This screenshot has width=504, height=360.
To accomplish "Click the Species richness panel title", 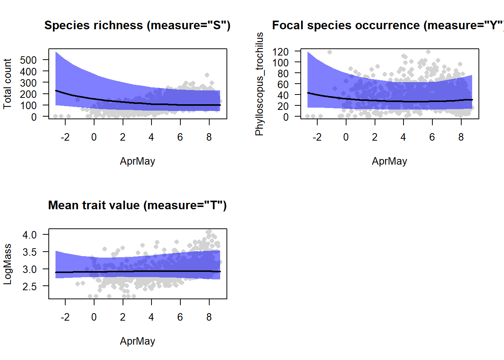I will pyautogui.click(x=137, y=25).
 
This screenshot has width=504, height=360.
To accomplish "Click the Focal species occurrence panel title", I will pyautogui.click(x=388, y=25).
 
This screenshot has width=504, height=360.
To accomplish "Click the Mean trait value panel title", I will pyautogui.click(x=137, y=205).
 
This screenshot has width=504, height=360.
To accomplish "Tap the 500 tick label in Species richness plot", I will pyautogui.click(x=28, y=60).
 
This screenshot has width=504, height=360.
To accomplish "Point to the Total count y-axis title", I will pyautogui.click(x=7, y=84).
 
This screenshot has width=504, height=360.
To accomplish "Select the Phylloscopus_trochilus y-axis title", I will pyautogui.click(x=259, y=84).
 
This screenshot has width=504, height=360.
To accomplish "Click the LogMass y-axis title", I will pyautogui.click(x=7, y=264).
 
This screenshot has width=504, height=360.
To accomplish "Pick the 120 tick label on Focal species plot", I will pyautogui.click(x=280, y=51).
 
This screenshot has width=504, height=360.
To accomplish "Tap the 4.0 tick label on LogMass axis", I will pyautogui.click(x=30, y=235).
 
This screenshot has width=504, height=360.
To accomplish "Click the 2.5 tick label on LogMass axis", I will pyautogui.click(x=30, y=286).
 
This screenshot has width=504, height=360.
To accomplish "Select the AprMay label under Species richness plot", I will pyautogui.click(x=137, y=161).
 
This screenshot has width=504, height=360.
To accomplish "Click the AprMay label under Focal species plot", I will pyautogui.click(x=389, y=161).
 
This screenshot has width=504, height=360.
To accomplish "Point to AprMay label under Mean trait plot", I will pyautogui.click(x=137, y=341).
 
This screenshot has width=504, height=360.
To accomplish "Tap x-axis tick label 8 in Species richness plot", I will pyautogui.click(x=209, y=137).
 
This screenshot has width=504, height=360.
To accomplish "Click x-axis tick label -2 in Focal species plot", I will pyautogui.click(x=317, y=137).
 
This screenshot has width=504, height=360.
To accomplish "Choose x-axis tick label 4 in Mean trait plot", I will pyautogui.click(x=151, y=317).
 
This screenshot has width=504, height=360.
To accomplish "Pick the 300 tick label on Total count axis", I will pyautogui.click(x=28, y=83).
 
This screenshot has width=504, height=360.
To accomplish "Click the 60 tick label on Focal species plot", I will pyautogui.click(x=283, y=84).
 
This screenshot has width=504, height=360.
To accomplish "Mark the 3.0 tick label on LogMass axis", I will pyautogui.click(x=30, y=269).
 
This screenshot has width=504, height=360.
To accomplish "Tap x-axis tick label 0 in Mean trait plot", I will pyautogui.click(x=94, y=317).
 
